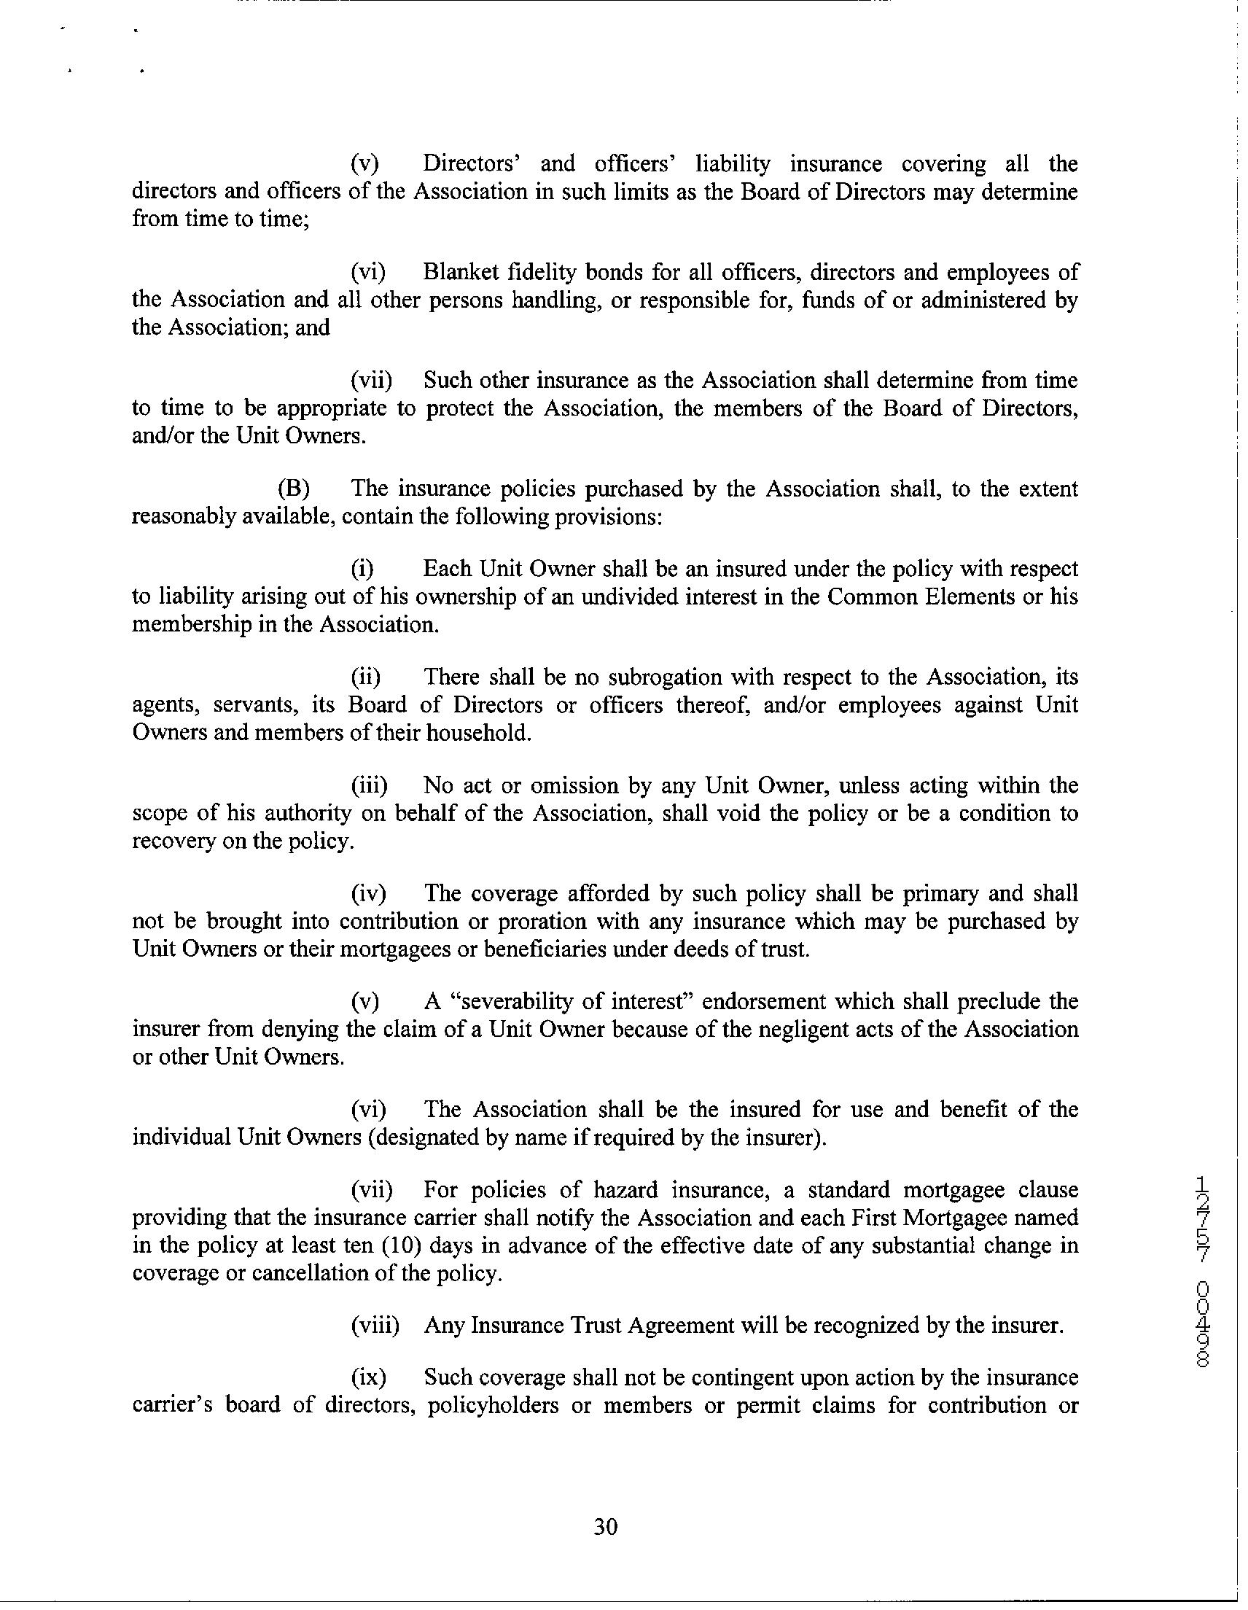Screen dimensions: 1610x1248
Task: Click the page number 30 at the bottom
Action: pyautogui.click(x=605, y=1526)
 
